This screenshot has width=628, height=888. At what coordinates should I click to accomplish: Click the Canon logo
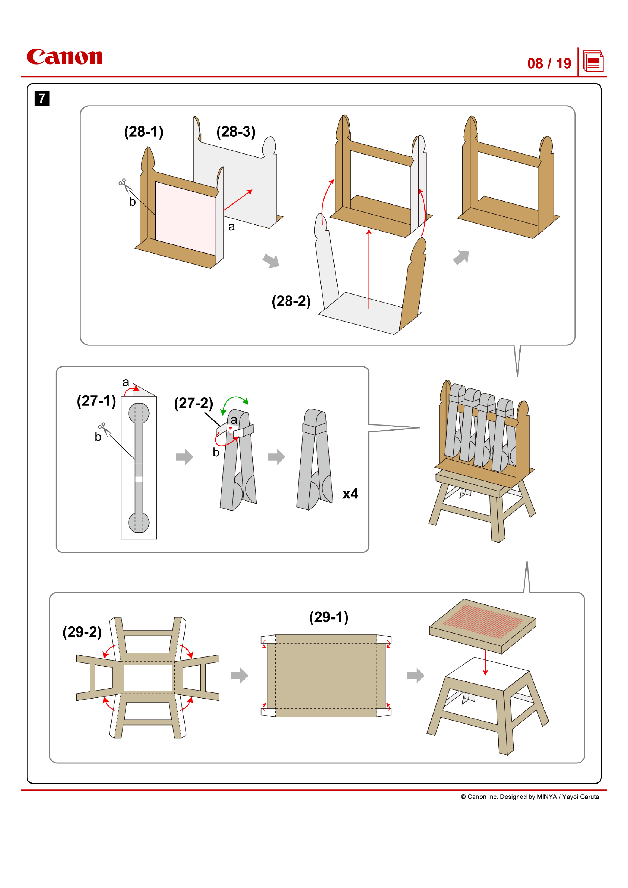pyautogui.click(x=64, y=57)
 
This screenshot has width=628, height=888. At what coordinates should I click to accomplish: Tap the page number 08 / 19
pyautogui.click(x=549, y=63)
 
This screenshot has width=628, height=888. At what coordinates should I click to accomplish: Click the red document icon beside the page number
pyautogui.click(x=593, y=62)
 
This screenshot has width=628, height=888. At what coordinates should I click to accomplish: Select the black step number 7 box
pyautogui.click(x=42, y=98)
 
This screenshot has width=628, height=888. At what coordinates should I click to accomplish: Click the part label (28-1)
pyautogui.click(x=144, y=132)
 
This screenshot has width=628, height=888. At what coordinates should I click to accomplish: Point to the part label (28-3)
pyautogui.click(x=236, y=132)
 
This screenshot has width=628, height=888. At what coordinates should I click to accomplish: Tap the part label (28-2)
pyautogui.click(x=291, y=301)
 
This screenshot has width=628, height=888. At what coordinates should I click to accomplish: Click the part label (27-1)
pyautogui.click(x=96, y=401)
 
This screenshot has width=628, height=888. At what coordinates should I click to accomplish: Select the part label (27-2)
pyautogui.click(x=193, y=404)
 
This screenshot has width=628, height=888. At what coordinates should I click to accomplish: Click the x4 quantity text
pyautogui.click(x=350, y=494)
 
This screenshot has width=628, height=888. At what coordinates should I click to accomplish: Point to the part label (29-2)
pyautogui.click(x=82, y=632)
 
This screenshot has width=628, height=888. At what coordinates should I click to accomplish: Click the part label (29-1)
pyautogui.click(x=329, y=617)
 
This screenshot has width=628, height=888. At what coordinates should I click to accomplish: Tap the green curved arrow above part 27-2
pyautogui.click(x=234, y=401)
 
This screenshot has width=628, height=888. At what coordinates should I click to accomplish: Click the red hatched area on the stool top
pyautogui.click(x=483, y=621)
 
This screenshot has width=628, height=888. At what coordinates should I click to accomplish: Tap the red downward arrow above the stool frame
pyautogui.click(x=485, y=662)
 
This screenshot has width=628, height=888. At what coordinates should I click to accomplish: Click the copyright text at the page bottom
pyautogui.click(x=530, y=797)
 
